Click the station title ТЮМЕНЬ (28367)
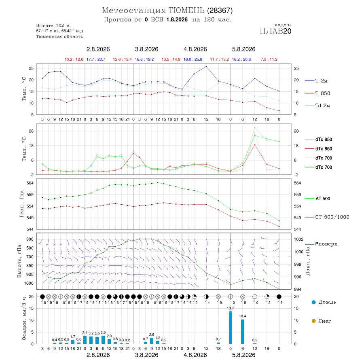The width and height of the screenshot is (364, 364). click(x=200, y=11)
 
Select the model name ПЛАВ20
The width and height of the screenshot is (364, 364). click(x=275, y=31)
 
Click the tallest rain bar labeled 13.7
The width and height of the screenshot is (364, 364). click(x=231, y=328)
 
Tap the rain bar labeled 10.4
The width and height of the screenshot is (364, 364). click(x=243, y=332)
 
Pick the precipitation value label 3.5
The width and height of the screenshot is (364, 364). click(x=103, y=332)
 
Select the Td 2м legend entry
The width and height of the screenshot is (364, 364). click(x=317, y=106)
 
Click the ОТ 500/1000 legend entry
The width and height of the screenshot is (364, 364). click(x=327, y=217)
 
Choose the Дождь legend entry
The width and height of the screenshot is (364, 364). click(x=324, y=302)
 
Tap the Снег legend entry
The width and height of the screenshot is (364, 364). click(x=321, y=321)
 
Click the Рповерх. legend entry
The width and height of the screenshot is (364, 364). click(x=322, y=244)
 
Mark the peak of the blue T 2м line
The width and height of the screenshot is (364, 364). click(x=206, y=66)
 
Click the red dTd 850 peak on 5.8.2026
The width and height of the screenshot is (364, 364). click(x=255, y=145)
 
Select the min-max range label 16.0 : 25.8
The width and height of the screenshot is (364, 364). click(x=193, y=59)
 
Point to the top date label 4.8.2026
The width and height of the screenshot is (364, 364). click(x=195, y=49)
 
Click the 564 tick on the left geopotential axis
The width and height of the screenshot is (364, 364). click(x=30, y=183)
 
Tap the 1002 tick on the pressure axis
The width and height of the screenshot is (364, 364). click(x=298, y=239)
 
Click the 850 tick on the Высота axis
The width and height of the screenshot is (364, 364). click(x=30, y=266)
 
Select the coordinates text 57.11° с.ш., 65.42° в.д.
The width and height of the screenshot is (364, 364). click(x=60, y=31)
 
